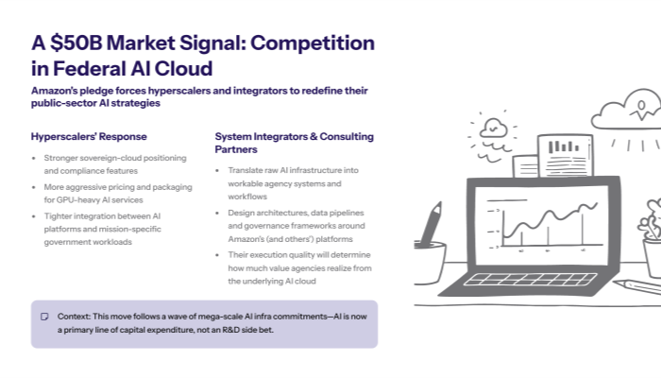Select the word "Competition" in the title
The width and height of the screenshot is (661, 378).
tap(312, 43)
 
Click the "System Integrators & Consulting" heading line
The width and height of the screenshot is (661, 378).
tap(294, 136)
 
